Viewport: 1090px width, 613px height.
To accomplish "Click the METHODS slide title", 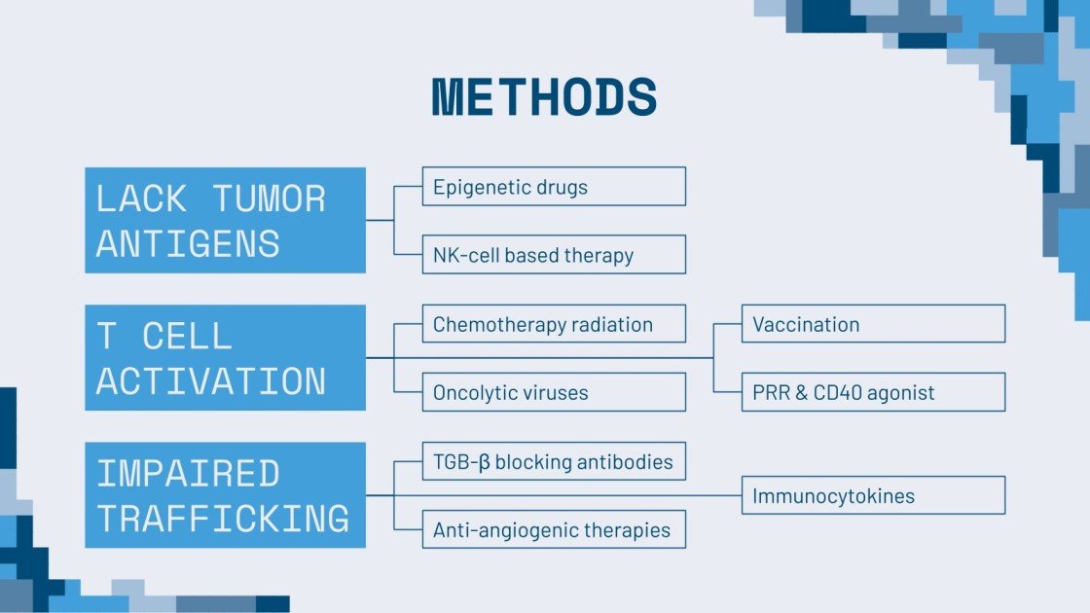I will [x=544, y=97].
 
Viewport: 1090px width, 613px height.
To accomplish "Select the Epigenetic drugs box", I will [x=554, y=186].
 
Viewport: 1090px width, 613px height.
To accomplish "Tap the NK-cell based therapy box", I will [x=554, y=255].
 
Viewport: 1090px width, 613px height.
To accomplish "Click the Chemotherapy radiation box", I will [x=554, y=324].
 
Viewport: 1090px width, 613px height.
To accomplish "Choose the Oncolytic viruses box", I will [x=554, y=393].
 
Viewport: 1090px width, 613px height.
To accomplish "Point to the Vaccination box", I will [x=873, y=324].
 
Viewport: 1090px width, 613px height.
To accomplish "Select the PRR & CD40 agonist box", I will [x=873, y=392].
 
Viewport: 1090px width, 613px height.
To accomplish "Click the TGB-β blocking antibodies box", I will [x=554, y=461].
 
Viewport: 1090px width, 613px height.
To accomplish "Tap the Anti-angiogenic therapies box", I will [x=554, y=530].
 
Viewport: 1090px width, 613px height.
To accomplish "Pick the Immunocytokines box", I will [x=873, y=495].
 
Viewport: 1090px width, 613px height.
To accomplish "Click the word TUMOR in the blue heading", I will [x=270, y=198].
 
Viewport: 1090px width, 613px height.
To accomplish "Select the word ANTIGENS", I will [x=188, y=243].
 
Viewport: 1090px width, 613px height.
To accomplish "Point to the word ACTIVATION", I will [x=211, y=381].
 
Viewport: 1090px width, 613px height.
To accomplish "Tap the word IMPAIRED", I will [x=188, y=474].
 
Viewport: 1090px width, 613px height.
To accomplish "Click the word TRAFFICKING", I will [x=223, y=519].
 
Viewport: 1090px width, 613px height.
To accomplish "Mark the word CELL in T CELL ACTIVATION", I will [x=188, y=337].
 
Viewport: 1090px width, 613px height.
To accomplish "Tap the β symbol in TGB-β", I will [x=484, y=462].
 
